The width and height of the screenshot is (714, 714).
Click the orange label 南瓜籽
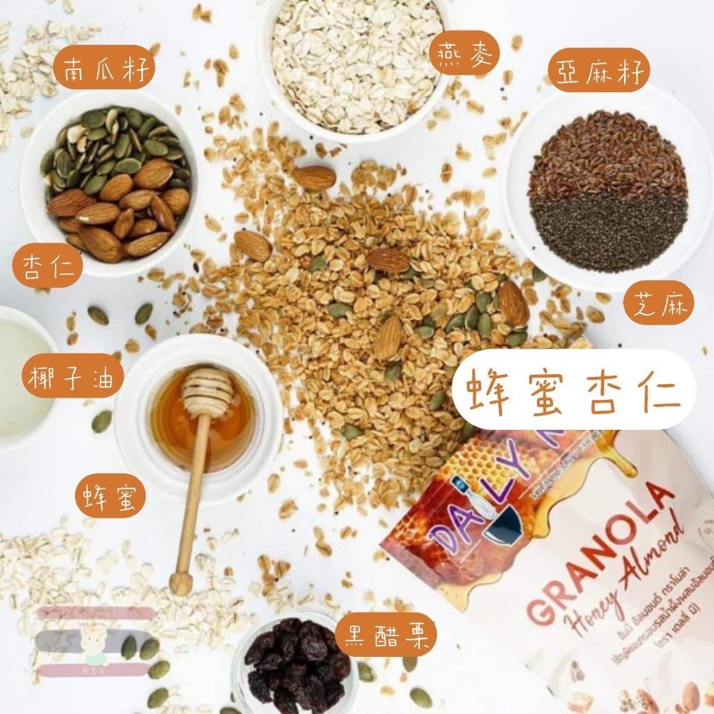[x=104, y=71]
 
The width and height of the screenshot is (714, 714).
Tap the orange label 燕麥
[x=464, y=55]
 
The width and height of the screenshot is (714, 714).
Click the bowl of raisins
[x=296, y=660]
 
